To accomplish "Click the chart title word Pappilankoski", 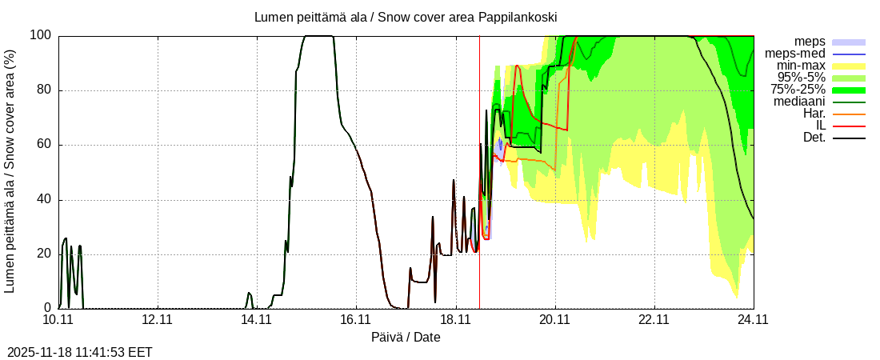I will (x=518, y=17).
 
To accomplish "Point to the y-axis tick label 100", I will (x=41, y=35).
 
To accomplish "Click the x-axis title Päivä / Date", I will (x=406, y=338).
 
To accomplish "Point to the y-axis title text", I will (x=10, y=171).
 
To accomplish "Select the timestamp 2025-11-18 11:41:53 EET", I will (x=79, y=352).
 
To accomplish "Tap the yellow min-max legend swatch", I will (x=850, y=66).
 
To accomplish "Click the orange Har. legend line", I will (x=850, y=114).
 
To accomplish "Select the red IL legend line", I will (x=850, y=126).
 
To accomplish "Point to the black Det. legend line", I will (x=850, y=138).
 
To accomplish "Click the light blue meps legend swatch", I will (x=850, y=42).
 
